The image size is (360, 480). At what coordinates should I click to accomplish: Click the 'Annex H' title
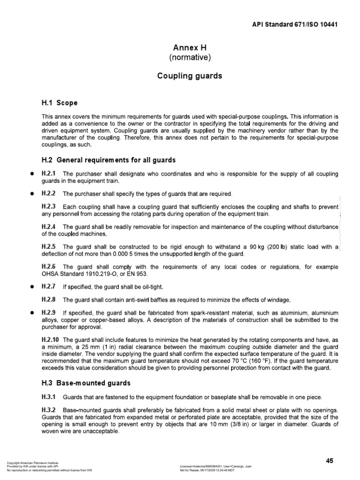click(x=190, y=48)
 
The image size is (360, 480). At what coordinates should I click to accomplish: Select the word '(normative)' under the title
click(x=190, y=58)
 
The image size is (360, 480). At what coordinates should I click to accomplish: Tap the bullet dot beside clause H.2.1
click(x=31, y=174)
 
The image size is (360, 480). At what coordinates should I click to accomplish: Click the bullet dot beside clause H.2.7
click(x=31, y=286)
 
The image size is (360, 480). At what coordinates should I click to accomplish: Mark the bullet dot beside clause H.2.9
click(x=31, y=312)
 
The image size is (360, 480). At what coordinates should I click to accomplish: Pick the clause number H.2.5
click(x=49, y=247)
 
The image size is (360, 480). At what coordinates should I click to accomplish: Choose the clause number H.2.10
click(x=51, y=339)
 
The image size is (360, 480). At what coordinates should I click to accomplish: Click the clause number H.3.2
click(x=49, y=409)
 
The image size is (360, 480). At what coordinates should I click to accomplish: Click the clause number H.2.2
click(x=49, y=194)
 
